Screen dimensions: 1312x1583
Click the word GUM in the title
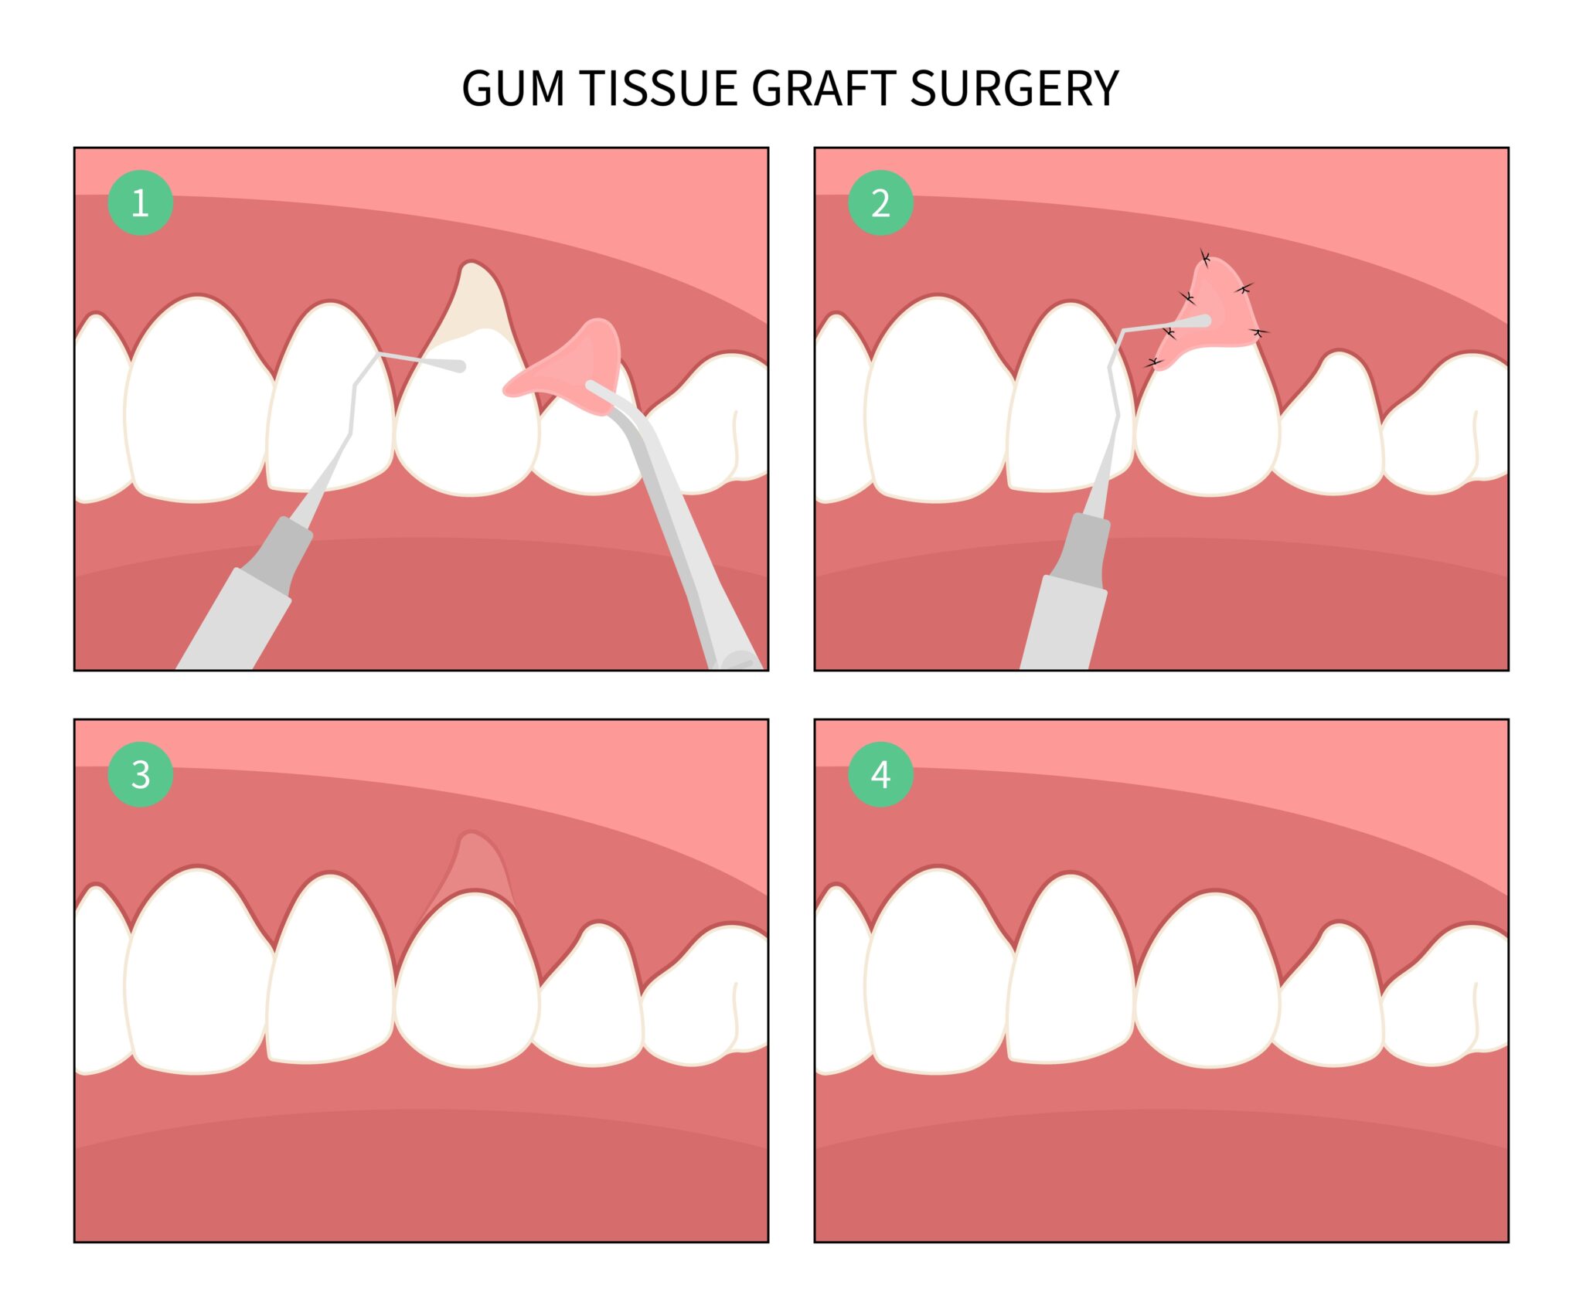tap(512, 88)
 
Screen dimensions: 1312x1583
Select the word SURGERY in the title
tap(1014, 88)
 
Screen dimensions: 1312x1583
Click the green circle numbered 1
tap(140, 202)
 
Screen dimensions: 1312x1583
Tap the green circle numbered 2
tap(880, 202)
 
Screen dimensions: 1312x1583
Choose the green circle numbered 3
tap(140, 774)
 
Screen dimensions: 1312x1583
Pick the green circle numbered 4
tap(880, 774)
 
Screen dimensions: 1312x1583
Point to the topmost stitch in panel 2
tap(1204, 257)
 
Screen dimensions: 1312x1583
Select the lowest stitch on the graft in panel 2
tap(1155, 362)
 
